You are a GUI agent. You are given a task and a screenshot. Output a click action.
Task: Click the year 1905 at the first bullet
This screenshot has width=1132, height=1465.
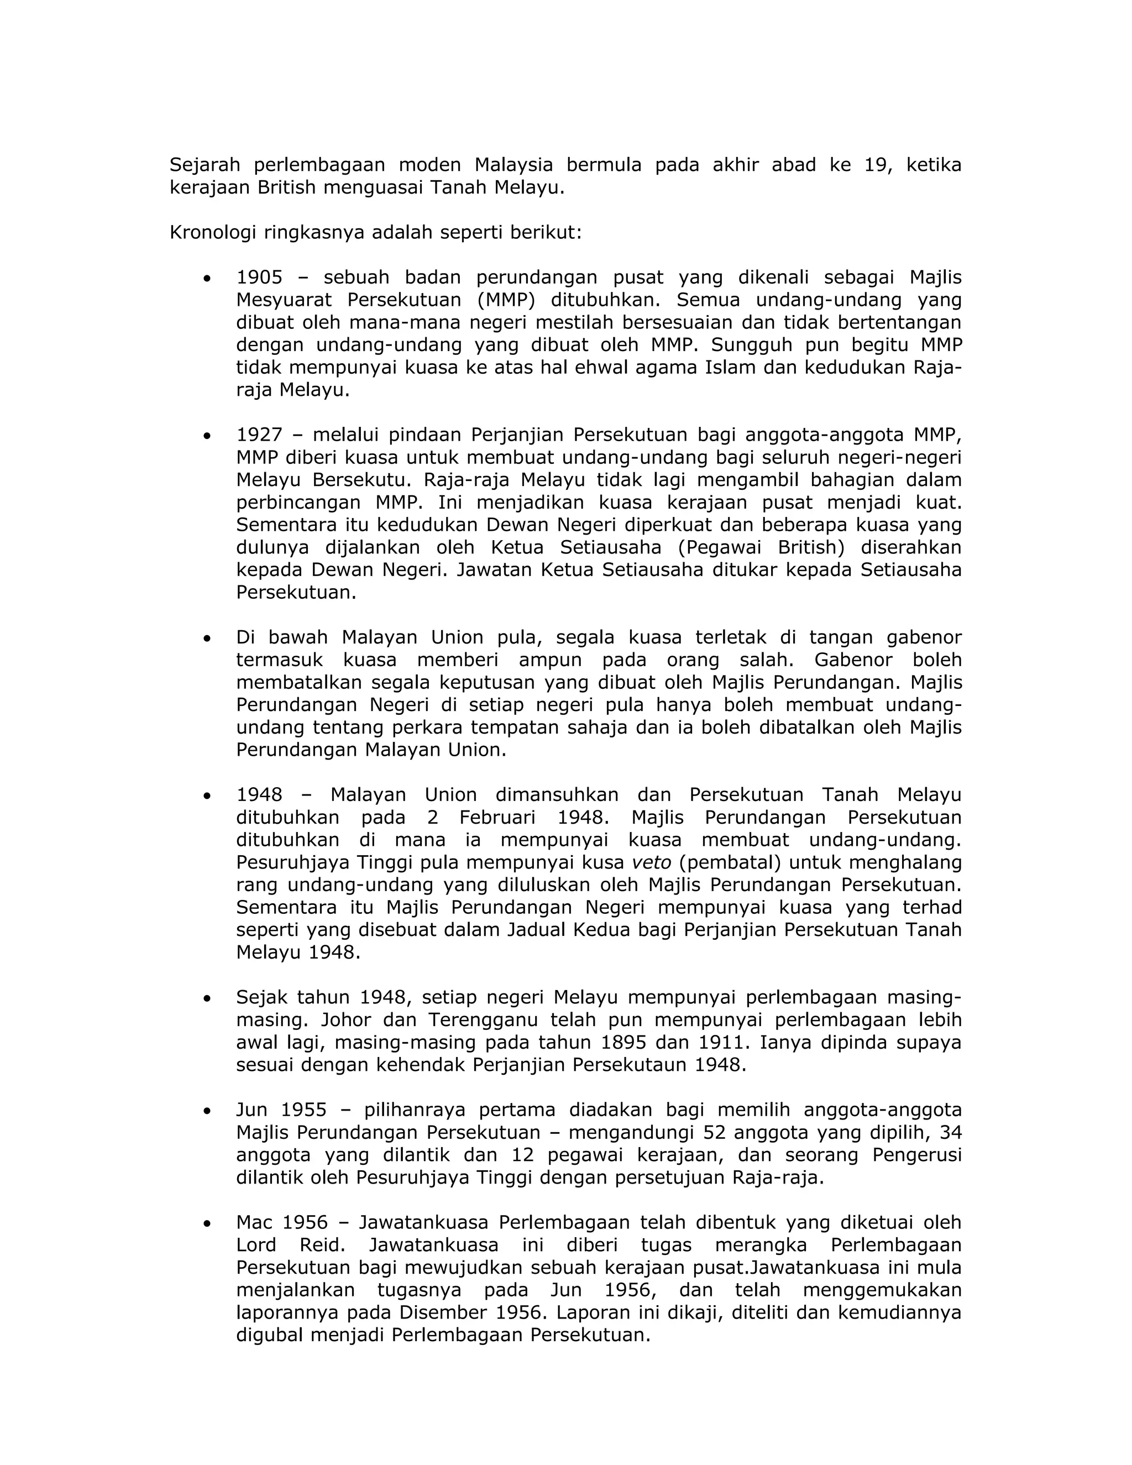coord(260,277)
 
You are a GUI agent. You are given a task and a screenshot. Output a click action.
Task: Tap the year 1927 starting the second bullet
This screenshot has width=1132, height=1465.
coord(260,435)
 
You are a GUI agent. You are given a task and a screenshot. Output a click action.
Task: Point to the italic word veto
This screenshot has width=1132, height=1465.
coord(651,862)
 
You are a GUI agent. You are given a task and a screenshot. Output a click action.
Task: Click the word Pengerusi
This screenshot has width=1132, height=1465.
coord(917,1155)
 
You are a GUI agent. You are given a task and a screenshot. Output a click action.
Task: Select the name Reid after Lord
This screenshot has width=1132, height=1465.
coord(322,1246)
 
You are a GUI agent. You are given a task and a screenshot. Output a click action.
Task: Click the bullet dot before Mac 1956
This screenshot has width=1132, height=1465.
coord(207,1223)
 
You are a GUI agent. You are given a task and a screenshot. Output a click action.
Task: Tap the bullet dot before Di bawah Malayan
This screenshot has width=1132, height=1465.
coord(207,638)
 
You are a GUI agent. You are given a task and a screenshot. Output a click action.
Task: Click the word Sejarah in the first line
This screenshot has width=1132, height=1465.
coord(205,164)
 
